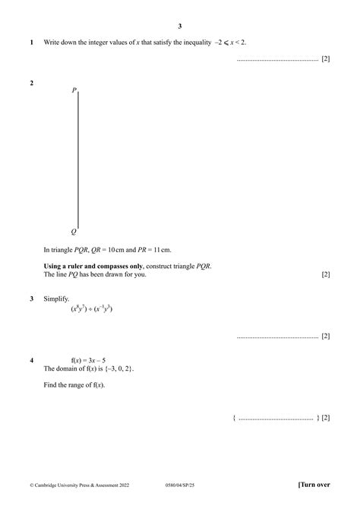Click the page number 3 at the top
point(180,26)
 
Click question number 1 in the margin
point(31,43)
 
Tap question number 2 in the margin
point(31,83)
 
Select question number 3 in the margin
point(31,299)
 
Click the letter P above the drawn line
point(74,90)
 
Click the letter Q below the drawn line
point(74,231)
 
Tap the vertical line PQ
point(78,160)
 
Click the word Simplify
point(57,299)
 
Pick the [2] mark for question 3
point(325,335)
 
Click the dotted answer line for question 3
point(277,336)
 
